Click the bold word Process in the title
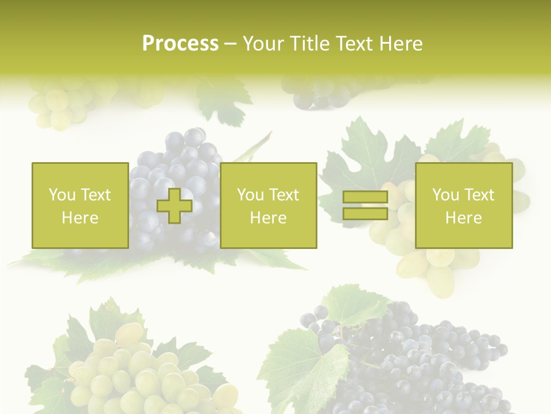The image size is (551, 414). pos(180,44)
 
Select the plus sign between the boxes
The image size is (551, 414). pos(174,206)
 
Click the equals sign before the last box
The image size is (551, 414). pos(365,206)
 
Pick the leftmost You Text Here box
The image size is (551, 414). pos(80,205)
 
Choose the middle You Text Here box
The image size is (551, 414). pos(268,205)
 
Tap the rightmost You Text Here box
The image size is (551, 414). pos(463,205)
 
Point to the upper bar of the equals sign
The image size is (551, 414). pos(365,197)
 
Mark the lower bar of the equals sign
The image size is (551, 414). pos(365,214)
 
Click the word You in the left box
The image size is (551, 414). pos(62,195)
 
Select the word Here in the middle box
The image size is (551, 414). pos(268,218)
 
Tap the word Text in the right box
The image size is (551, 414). pos(479,195)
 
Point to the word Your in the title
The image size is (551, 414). pos(263,44)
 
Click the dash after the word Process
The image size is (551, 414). pos(230,44)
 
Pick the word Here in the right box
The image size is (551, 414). pos(463,218)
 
